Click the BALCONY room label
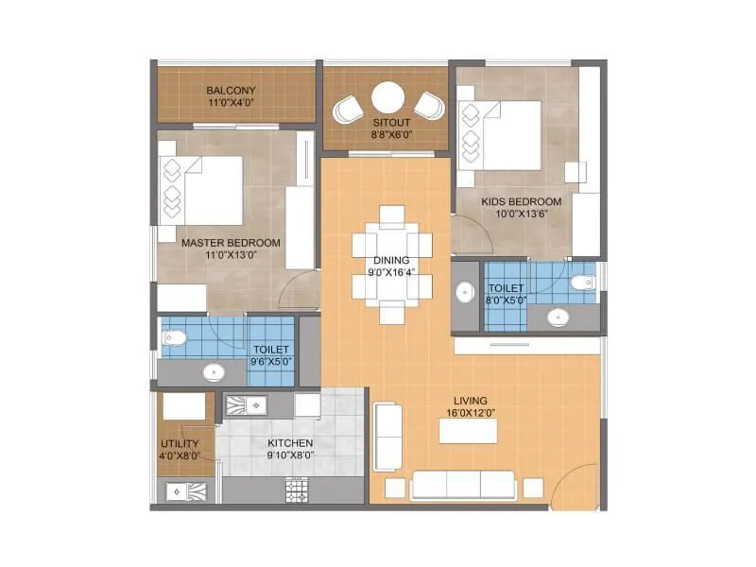(231, 91)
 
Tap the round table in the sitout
(387, 97)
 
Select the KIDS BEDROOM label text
(522, 201)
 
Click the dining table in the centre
(392, 265)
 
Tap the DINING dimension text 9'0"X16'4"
(391, 274)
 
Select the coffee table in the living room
(468, 430)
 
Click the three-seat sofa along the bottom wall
(464, 485)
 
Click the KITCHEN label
(290, 442)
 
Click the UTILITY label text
(179, 442)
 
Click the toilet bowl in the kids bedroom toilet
(582, 282)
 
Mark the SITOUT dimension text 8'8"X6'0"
(387, 135)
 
